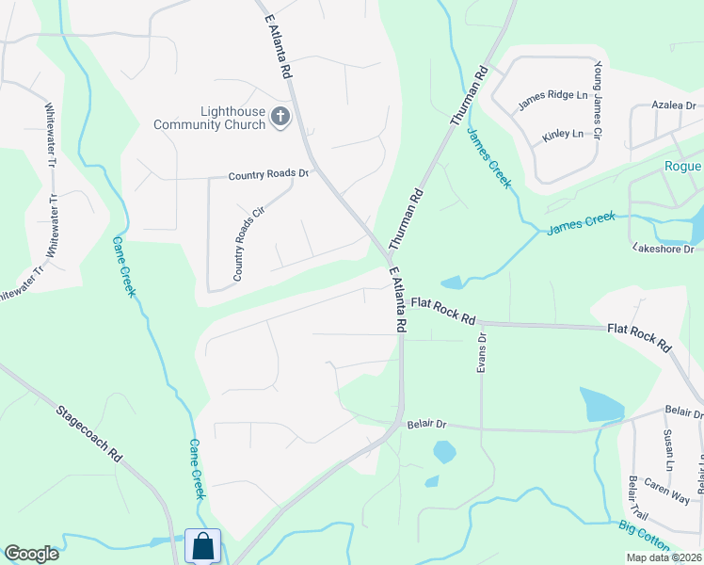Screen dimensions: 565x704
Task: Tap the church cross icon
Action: (x=280, y=117)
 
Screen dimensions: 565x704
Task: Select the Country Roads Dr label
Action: (x=268, y=175)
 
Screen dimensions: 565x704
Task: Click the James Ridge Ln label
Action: (x=552, y=95)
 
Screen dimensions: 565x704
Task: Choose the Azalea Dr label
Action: (x=676, y=106)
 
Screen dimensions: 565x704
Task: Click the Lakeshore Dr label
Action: (x=663, y=249)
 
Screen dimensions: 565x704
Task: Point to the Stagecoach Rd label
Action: (x=90, y=433)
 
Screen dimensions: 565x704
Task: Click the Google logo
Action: (x=31, y=554)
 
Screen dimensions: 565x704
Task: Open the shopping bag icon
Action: (x=203, y=545)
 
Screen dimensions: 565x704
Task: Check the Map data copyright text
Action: (x=664, y=557)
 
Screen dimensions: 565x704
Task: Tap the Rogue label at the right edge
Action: (x=682, y=167)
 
